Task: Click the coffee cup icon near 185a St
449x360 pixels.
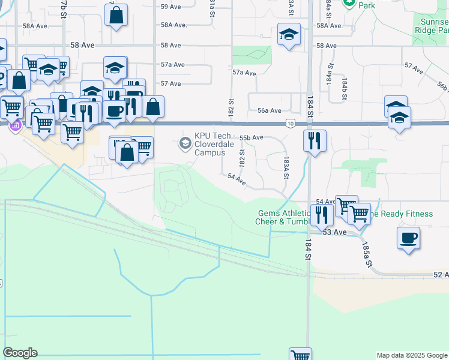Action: [408, 238]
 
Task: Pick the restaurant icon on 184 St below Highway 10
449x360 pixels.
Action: [315, 141]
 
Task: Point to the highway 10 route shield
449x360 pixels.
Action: [290, 124]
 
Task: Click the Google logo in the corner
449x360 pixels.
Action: [20, 353]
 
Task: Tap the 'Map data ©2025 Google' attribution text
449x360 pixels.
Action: [412, 355]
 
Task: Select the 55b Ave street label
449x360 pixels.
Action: [252, 137]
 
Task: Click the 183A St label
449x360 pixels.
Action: [286, 167]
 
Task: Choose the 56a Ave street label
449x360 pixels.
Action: [270, 110]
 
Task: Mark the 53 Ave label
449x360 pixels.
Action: [335, 232]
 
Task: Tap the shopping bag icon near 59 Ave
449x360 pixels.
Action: [116, 14]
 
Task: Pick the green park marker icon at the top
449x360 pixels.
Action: [349, 2]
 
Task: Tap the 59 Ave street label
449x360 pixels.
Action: [170, 7]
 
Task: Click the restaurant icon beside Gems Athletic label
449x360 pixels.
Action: [321, 214]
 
